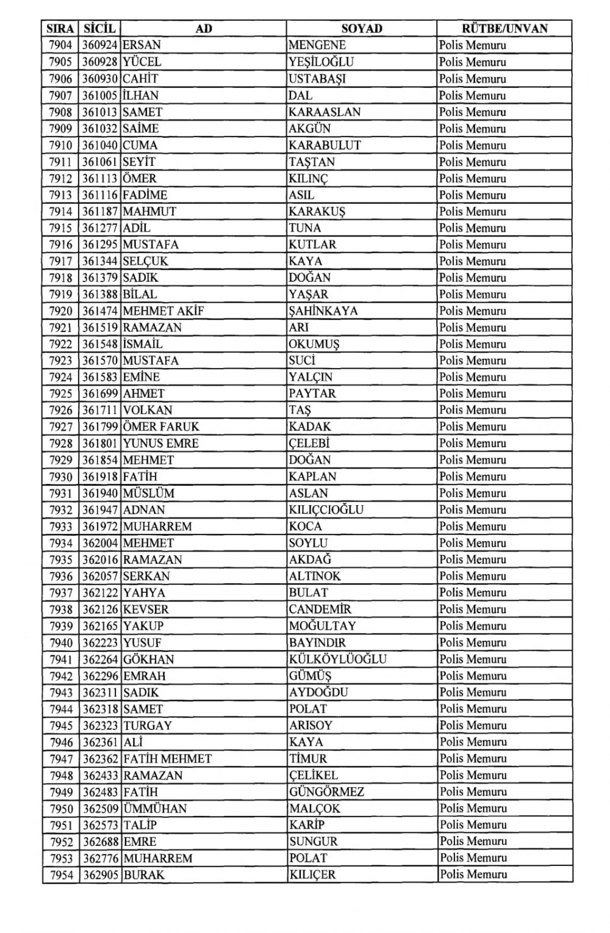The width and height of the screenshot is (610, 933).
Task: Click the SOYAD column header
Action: pos(362,29)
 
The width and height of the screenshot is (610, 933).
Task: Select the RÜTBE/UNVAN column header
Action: pos(504,29)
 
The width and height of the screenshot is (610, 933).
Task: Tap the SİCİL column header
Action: pos(100,29)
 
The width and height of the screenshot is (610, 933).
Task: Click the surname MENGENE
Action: pos(317,45)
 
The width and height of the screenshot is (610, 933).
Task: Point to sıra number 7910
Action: pos(61,146)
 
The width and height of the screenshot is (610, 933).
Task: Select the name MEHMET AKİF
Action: pos(163,311)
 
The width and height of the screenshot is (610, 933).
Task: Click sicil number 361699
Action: pos(100,394)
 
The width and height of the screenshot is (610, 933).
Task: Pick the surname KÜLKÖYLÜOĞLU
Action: pos(337,659)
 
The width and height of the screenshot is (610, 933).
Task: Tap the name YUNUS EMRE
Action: pos(161,444)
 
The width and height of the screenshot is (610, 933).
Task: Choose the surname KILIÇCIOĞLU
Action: pos(326,510)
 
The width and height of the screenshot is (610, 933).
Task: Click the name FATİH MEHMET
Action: pos(167,759)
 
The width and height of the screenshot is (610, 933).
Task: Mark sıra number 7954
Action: pos(61,875)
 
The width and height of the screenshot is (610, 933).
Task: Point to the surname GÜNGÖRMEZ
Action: pos(326,792)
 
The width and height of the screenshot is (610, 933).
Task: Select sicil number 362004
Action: pos(100,543)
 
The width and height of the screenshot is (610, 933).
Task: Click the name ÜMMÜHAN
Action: pos(155,809)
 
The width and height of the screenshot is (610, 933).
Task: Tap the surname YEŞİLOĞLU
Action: pos(321,62)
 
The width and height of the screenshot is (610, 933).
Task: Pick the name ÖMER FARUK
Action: pos(161,427)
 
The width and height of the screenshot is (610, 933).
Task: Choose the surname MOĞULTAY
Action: pos(322,626)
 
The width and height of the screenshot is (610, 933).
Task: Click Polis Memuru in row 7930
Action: pos(472,477)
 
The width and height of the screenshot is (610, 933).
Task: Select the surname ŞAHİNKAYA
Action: pos(323,311)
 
